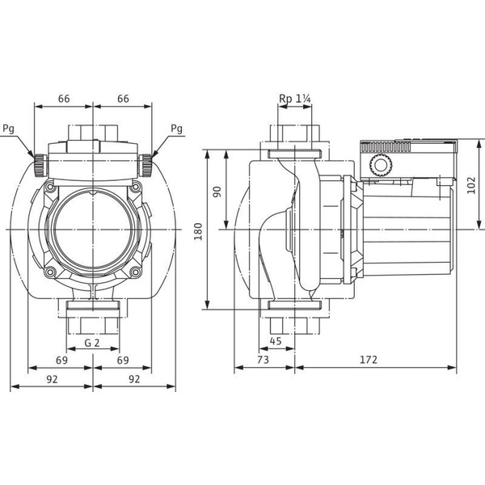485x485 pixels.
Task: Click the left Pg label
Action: click(8, 128)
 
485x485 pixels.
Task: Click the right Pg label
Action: click(177, 128)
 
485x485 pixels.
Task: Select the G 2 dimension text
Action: click(93, 343)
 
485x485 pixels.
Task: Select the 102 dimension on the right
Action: click(472, 184)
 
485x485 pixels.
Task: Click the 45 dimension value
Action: click(276, 340)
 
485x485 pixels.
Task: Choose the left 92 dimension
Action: click(52, 377)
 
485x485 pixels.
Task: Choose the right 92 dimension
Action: click(134, 377)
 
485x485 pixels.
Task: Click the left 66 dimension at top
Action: click(64, 99)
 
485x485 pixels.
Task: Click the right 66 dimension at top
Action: click(123, 99)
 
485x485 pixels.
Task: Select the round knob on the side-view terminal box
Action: click(379, 167)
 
